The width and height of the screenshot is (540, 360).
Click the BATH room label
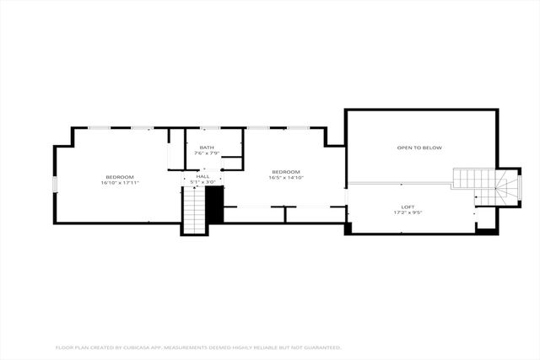point(207,148)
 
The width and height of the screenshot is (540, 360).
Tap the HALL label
point(203,176)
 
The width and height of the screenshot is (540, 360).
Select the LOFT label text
point(408,206)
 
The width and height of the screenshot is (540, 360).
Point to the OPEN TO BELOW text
point(419,148)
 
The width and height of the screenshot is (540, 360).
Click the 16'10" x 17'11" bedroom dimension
point(119,182)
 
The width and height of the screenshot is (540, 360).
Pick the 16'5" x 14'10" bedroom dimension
point(286,178)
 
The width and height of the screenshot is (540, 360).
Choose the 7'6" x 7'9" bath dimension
point(207,153)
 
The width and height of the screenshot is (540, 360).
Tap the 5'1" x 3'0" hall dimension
point(203,181)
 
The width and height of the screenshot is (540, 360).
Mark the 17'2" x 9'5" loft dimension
point(408,212)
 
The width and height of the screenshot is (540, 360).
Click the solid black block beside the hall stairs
point(215,204)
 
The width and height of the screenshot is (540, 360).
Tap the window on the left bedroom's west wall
point(55,184)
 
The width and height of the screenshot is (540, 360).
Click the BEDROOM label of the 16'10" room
point(119,176)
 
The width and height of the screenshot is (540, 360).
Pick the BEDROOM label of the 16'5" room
point(286,172)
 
